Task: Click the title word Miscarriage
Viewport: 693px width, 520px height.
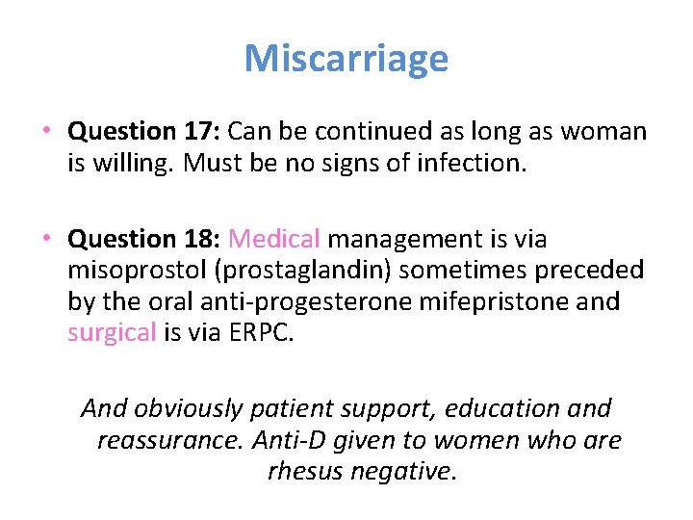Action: pos(346,59)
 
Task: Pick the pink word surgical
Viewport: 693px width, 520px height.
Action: pos(112,333)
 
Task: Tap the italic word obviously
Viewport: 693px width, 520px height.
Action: pos(189,408)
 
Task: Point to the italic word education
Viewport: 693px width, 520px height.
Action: pos(504,408)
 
